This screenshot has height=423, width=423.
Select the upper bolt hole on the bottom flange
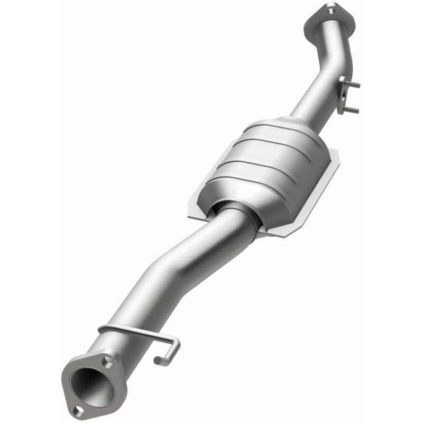pos(108,362)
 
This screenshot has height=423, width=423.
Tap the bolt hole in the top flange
pos(330,9)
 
